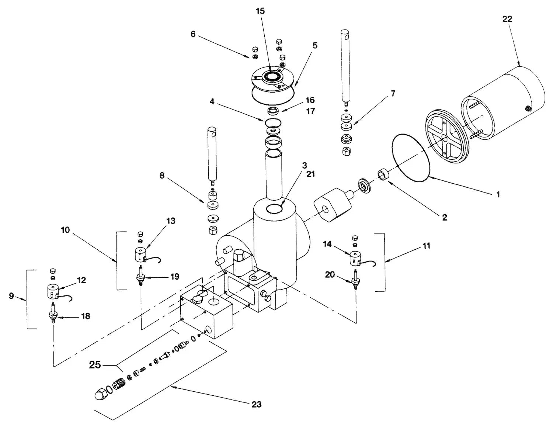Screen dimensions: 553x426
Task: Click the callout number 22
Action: (x=507, y=19)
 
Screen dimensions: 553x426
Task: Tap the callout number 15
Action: (x=260, y=11)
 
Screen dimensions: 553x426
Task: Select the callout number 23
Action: (x=256, y=404)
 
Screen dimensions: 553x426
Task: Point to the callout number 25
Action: (x=95, y=365)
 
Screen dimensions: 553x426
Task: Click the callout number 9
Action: (x=11, y=296)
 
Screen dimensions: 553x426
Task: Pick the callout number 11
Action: (x=426, y=246)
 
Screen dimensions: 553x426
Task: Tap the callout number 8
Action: (x=162, y=175)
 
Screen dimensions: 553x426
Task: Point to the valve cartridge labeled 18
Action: (x=53, y=313)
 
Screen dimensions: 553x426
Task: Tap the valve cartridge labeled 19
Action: (x=140, y=276)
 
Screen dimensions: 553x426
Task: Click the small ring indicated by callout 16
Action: (x=273, y=111)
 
